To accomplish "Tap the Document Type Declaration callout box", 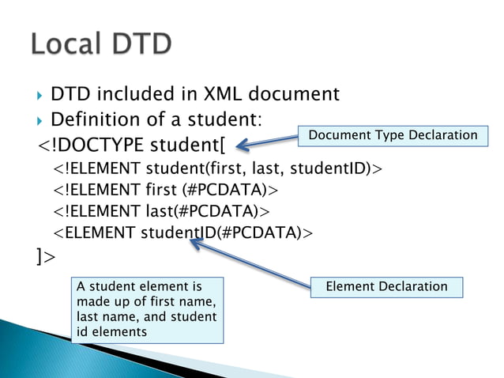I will click(x=393, y=135).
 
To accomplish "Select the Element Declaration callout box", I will click(x=387, y=286).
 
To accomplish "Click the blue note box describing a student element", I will click(x=147, y=309).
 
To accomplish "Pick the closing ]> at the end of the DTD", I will click(x=46, y=256).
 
